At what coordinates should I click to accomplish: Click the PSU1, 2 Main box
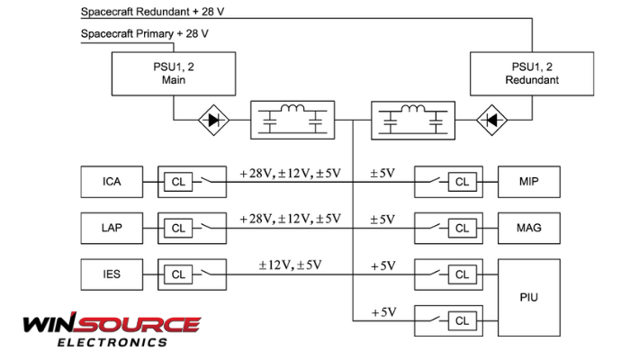click(173, 73)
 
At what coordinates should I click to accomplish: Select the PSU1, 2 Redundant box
click(533, 73)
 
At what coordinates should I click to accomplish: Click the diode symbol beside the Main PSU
click(212, 118)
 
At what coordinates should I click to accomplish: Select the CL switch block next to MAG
click(447, 228)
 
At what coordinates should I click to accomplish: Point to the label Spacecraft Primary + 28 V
click(145, 34)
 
